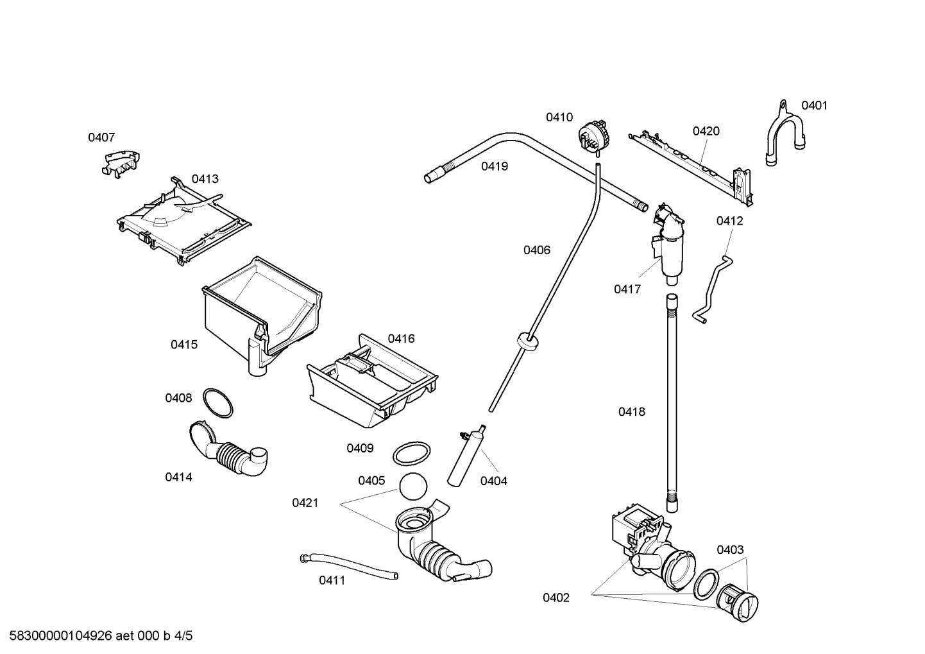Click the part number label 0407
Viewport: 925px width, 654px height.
tap(101, 137)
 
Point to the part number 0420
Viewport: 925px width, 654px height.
tap(706, 131)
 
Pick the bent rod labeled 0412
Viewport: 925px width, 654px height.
tap(713, 288)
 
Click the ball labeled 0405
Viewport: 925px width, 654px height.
tap(412, 486)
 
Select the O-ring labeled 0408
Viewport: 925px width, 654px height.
tap(217, 402)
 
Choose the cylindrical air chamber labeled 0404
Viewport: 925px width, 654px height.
tap(465, 457)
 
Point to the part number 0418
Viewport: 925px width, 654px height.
tap(631, 412)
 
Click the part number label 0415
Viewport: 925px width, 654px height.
tap(183, 345)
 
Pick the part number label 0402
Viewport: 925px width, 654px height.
tap(556, 598)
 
